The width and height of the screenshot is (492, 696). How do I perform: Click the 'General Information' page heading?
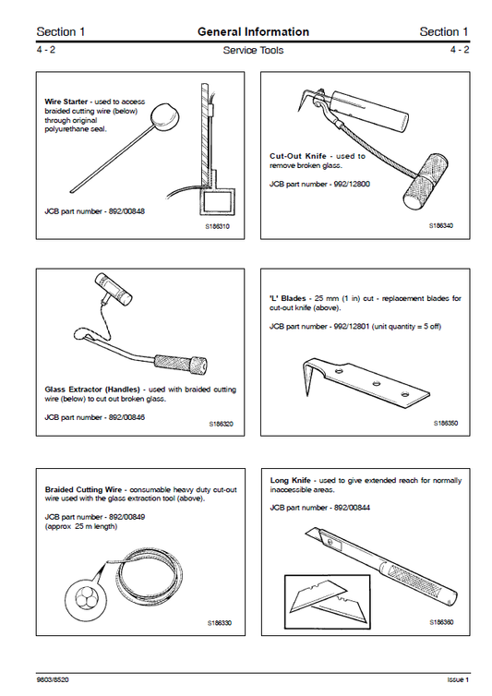pyautogui.click(x=253, y=32)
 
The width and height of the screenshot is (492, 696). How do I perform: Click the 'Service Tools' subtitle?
pyautogui.click(x=253, y=51)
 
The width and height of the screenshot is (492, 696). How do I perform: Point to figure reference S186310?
pyautogui.click(x=219, y=226)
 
